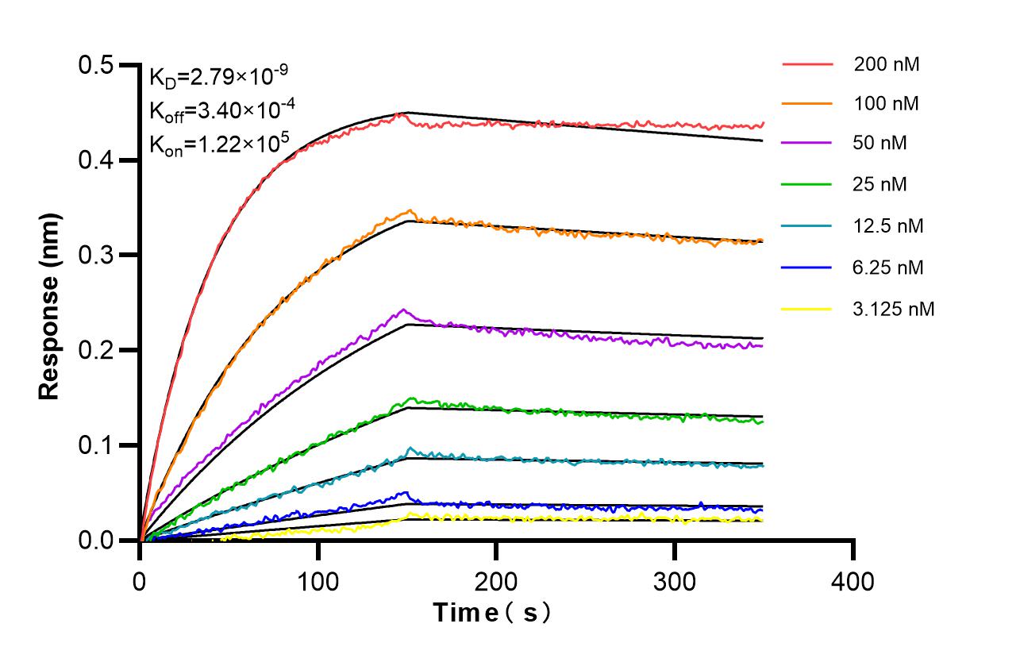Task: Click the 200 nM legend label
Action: pos(887,64)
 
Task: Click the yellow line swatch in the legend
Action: pos(807,309)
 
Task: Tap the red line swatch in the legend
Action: pos(807,64)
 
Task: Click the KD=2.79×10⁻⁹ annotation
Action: pos(218,76)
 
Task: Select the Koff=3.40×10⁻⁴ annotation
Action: pos(217,110)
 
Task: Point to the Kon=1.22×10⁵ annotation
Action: pos(217,144)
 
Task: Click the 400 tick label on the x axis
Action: pos(853,582)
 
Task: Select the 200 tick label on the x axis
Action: pos(496,582)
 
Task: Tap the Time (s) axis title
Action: pos(491,613)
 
